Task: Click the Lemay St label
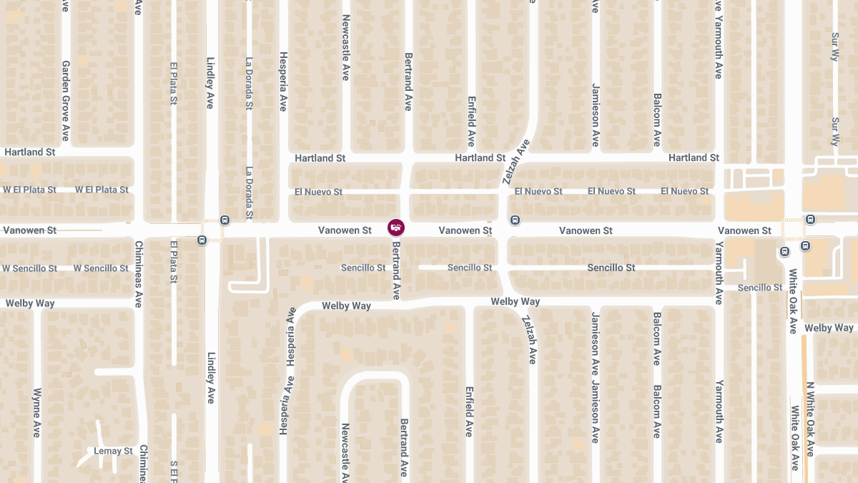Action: [x=114, y=452]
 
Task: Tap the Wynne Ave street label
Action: [x=37, y=413]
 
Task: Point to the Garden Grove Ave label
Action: [x=65, y=100]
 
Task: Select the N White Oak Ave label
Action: [x=810, y=419]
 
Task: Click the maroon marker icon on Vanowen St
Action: [x=395, y=228]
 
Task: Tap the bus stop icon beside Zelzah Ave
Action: [x=514, y=219]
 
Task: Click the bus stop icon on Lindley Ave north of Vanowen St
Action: [x=225, y=220]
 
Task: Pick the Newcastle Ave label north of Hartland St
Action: [x=345, y=47]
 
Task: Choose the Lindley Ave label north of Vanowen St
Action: [x=211, y=82]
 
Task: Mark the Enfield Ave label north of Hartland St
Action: [x=471, y=122]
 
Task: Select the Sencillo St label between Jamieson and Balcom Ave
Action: [x=611, y=268]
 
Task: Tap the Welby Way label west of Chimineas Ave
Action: [x=30, y=303]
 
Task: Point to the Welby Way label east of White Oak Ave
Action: [x=829, y=328]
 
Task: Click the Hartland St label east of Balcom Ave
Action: [x=694, y=157]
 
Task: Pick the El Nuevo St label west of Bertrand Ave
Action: [x=318, y=192]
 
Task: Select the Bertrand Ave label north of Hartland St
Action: [x=408, y=81]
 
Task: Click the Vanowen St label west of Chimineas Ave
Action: [x=30, y=230]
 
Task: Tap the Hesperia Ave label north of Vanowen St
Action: [x=283, y=81]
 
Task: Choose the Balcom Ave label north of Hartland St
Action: [x=656, y=119]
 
